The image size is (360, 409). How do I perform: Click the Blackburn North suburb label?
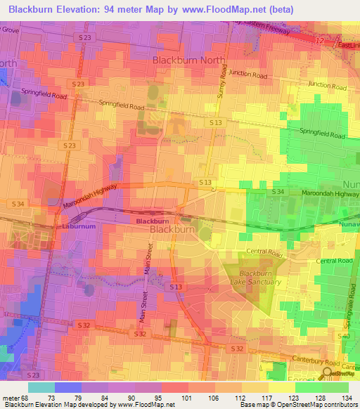coord(188,60)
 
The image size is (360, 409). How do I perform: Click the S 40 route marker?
coord(343,337)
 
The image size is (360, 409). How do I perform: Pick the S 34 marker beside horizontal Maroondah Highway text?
coord(278,191)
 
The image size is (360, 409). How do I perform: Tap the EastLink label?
coord(348,46)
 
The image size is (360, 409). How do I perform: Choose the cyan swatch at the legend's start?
coord(41,387)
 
